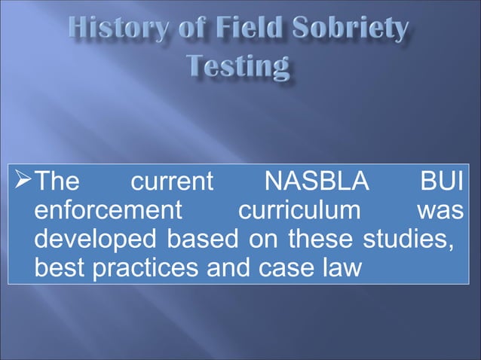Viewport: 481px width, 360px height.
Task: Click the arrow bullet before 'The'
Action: click(x=23, y=183)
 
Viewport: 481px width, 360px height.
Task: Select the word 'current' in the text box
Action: click(x=172, y=184)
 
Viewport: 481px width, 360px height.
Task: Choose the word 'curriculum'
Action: click(x=299, y=212)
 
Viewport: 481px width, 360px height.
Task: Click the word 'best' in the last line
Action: click(x=61, y=268)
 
